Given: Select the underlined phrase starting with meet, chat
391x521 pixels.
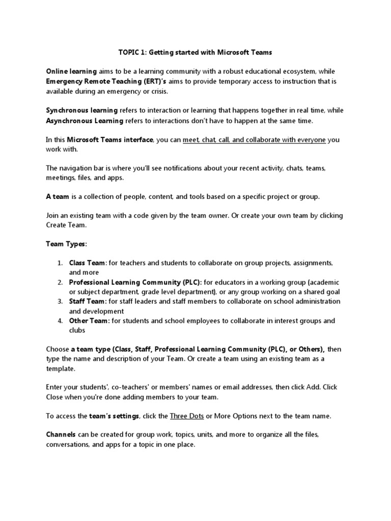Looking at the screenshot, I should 254,140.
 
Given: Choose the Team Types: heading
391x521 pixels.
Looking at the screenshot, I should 67,244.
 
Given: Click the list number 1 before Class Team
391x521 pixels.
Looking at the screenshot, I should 60,263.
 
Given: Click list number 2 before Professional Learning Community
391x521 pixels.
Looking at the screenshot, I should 60,282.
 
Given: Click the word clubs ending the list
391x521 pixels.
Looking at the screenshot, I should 77,330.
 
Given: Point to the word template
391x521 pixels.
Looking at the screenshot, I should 60,368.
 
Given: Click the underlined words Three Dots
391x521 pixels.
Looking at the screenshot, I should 187,416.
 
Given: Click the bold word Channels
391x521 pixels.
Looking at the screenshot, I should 61,435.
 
